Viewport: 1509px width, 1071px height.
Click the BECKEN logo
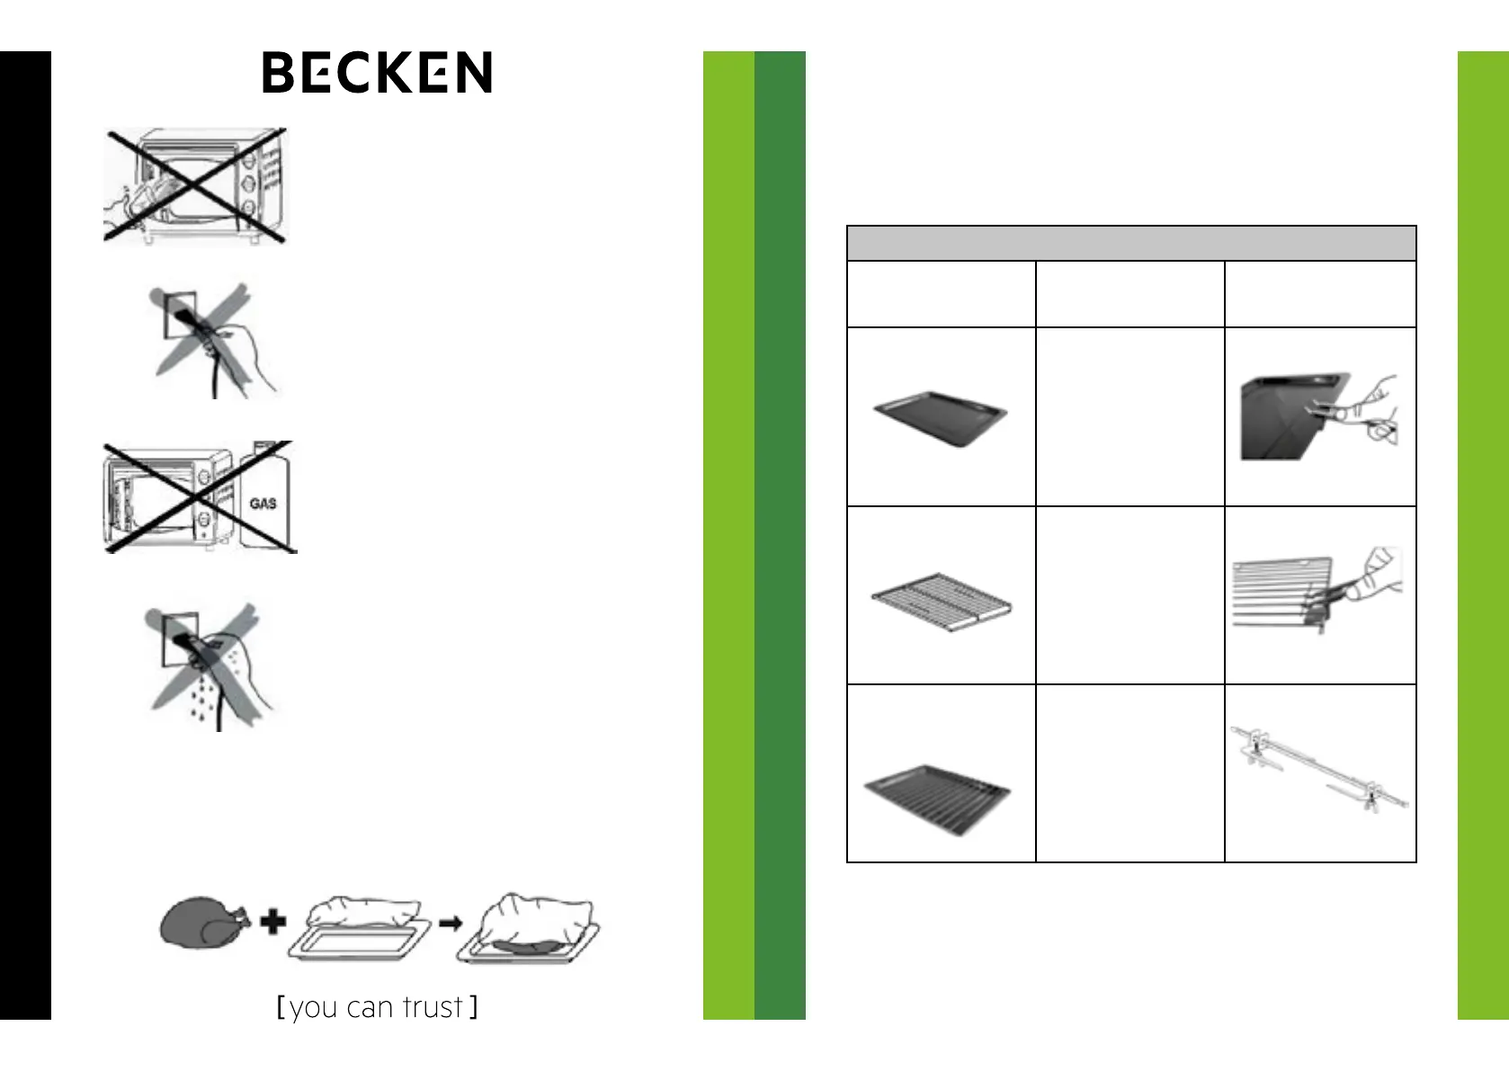(x=377, y=72)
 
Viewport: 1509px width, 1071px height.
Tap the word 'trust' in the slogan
(x=433, y=1007)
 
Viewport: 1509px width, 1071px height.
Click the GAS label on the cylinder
(x=263, y=504)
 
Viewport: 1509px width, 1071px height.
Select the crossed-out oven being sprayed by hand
(x=195, y=184)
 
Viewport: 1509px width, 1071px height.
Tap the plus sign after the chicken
(x=273, y=922)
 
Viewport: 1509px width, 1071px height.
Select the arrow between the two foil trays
(x=451, y=924)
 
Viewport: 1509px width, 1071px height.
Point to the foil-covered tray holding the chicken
(x=528, y=931)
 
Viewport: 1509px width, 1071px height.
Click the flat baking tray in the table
(x=941, y=418)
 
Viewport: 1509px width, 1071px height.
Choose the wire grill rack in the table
(x=942, y=598)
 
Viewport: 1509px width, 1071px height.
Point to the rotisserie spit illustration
(x=1318, y=769)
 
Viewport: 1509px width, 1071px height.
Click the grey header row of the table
(x=1131, y=244)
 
